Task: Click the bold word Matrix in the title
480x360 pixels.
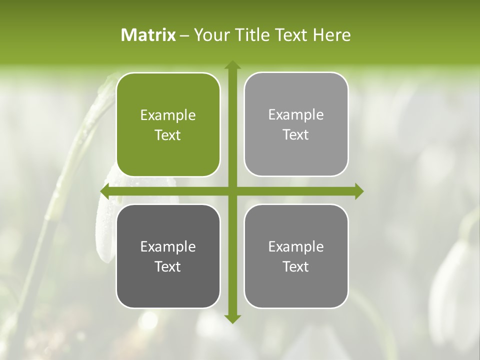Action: (148, 35)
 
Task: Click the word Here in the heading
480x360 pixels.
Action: (331, 35)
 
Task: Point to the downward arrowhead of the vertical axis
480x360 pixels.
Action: (232, 318)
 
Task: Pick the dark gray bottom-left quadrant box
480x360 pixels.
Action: (168, 285)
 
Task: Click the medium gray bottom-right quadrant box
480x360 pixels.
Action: (296, 285)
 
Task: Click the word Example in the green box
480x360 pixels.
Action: (168, 115)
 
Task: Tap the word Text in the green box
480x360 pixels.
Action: (168, 135)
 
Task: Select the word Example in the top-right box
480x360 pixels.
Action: (296, 115)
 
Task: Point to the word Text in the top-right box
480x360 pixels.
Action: (296, 135)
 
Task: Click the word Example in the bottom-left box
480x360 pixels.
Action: (168, 247)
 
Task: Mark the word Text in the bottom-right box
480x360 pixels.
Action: (296, 267)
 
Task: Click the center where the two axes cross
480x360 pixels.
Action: (232, 191)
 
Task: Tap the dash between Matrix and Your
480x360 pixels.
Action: (184, 35)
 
